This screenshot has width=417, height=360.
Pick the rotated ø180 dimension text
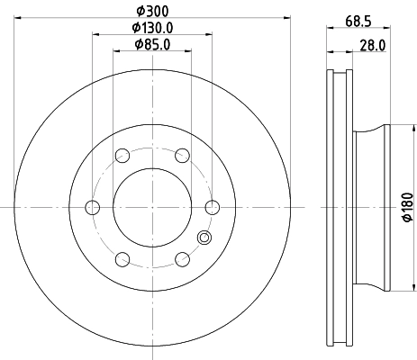tap(406, 207)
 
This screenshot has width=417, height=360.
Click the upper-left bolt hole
tap(122, 156)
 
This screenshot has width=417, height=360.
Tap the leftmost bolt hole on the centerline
tap(92, 208)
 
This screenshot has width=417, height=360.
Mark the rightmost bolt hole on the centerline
tap(213, 208)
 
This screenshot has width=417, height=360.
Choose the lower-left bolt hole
tap(122, 260)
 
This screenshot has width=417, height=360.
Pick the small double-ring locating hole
tap(204, 238)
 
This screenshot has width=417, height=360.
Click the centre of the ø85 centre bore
tap(152, 208)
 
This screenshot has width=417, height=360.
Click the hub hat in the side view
tap(371, 208)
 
